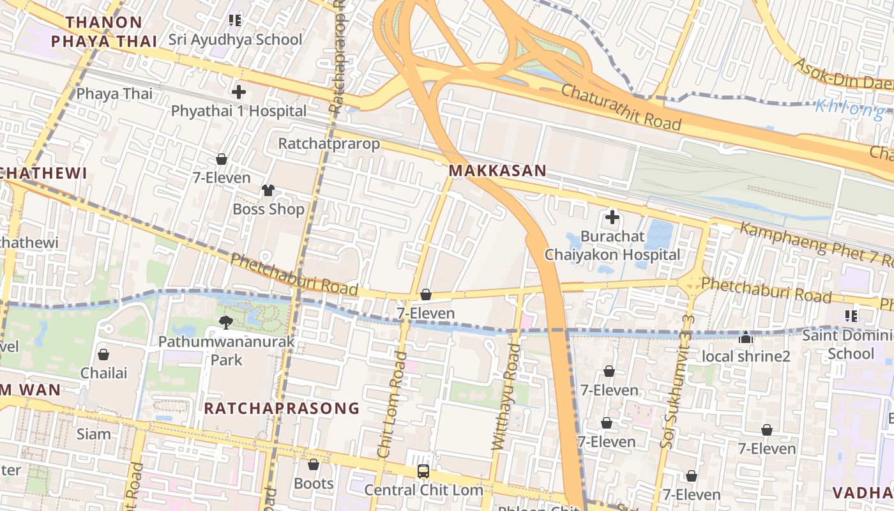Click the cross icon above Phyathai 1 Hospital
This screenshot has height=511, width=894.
point(239,92)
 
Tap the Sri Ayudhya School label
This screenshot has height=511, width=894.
point(235,40)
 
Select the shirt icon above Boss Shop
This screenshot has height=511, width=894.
point(268,190)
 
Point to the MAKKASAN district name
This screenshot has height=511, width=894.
point(497,171)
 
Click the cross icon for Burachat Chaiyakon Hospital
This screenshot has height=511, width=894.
point(612,217)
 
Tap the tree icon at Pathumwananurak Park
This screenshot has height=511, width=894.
point(226,322)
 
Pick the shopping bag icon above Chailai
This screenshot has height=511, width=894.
point(103,354)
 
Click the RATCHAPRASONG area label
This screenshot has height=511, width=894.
point(282,408)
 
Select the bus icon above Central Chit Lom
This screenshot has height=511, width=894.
point(423,471)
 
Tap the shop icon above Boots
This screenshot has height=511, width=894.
point(314,464)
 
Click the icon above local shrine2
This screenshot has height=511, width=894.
point(745,337)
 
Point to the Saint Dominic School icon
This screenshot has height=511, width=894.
point(851,316)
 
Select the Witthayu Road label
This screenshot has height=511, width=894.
point(506,396)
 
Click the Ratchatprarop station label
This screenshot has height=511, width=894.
point(329,144)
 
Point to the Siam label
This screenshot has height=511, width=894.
point(94,434)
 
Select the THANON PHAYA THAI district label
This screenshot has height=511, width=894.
point(104,31)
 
